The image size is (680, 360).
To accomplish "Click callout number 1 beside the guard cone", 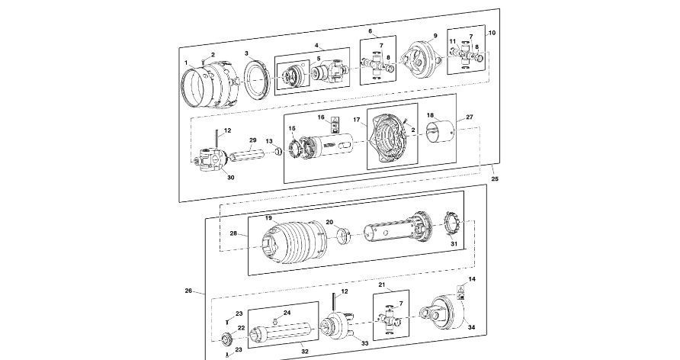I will [185, 60].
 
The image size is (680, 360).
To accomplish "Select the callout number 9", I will [435, 36].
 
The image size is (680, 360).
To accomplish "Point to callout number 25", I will [495, 178].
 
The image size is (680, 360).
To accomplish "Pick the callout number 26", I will [188, 291].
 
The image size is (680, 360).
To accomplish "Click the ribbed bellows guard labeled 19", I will [291, 243].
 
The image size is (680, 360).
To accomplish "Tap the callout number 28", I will [233, 233].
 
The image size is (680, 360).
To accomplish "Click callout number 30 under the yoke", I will [230, 177].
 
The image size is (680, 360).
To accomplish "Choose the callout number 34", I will [471, 327].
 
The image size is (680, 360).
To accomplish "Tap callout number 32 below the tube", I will [305, 352].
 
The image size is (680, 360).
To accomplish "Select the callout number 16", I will [321, 117].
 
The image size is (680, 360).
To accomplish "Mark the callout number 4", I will [316, 46].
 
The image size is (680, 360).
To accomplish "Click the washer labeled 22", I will [226, 339].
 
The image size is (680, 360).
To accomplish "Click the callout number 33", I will [364, 344].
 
